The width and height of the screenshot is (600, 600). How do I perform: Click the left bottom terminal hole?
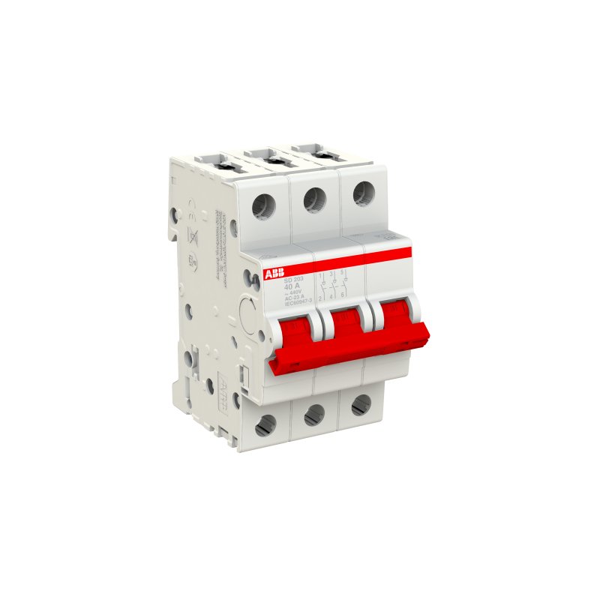pos(265,424)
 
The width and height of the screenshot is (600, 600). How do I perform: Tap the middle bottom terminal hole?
pos(314,414)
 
